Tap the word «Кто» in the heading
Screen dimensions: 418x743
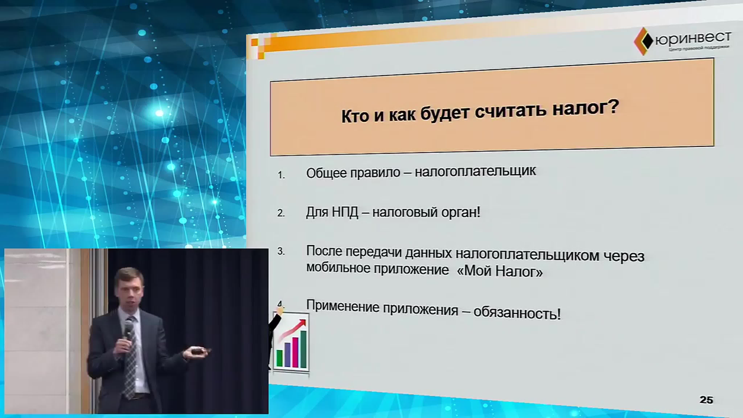pyautogui.click(x=355, y=116)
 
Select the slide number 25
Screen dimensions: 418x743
pyautogui.click(x=706, y=400)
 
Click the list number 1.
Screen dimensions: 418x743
pyautogui.click(x=281, y=175)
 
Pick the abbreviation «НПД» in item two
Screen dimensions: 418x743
pyautogui.click(x=345, y=212)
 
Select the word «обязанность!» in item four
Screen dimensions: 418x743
pyautogui.click(x=517, y=313)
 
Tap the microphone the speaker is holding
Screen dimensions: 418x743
pyautogui.click(x=128, y=329)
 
